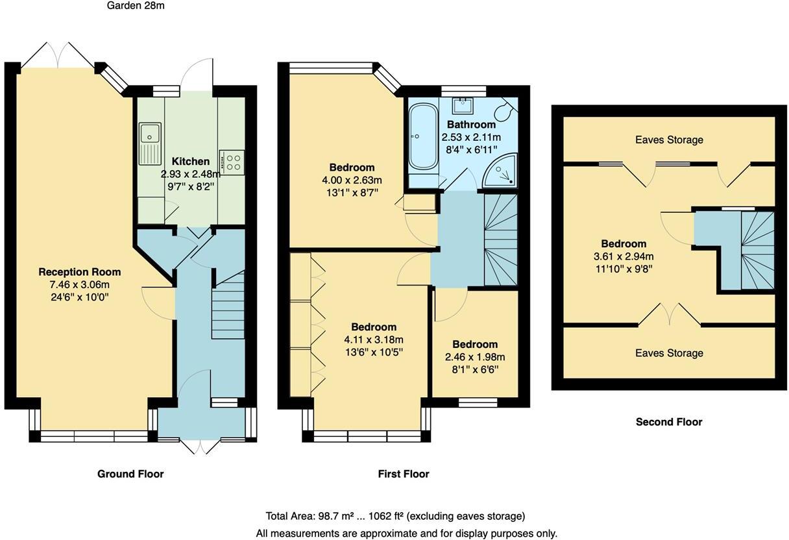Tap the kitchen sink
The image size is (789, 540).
pyautogui.click(x=150, y=141)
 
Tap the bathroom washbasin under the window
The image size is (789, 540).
pyautogui.click(x=463, y=104)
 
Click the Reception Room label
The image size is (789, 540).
pyautogui.click(x=79, y=272)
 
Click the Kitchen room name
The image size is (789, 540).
pyautogui.click(x=190, y=162)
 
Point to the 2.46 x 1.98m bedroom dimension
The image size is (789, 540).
pyautogui.click(x=475, y=357)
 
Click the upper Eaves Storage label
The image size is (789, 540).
pyautogui.click(x=668, y=140)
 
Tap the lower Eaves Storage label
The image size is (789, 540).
pyautogui.click(x=668, y=353)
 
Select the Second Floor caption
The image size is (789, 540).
pyautogui.click(x=668, y=422)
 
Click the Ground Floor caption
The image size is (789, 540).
pyautogui.click(x=130, y=474)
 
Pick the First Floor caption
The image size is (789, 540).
pyautogui.click(x=403, y=474)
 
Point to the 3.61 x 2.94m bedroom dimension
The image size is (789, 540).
pyautogui.click(x=623, y=256)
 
